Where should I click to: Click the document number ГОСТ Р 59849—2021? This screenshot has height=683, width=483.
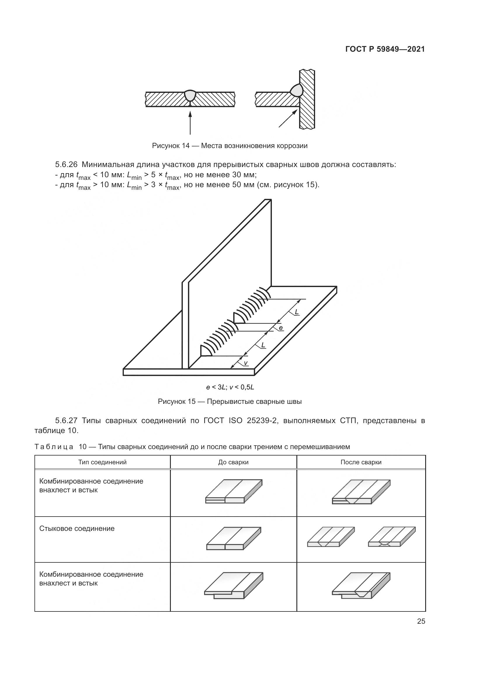pyautogui.click(x=385, y=49)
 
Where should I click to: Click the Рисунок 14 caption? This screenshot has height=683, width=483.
pyautogui.click(x=230, y=146)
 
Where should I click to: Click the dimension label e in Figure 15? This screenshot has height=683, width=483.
pyautogui.click(x=281, y=328)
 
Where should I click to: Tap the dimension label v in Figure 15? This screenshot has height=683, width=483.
pyautogui.click(x=245, y=363)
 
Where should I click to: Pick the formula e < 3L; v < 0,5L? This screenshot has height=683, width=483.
pyautogui.click(x=230, y=387)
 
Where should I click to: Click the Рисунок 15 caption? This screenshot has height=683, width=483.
pyautogui.click(x=230, y=402)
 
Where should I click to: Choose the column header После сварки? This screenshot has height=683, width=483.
pyautogui.click(x=361, y=462)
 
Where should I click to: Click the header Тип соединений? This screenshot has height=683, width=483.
pyautogui.click(x=102, y=462)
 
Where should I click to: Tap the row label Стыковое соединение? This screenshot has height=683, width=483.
pyautogui.click(x=77, y=529)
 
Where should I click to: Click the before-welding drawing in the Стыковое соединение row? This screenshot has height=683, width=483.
pyautogui.click(x=234, y=538)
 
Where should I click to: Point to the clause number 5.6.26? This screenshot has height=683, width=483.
pyautogui.click(x=66, y=164)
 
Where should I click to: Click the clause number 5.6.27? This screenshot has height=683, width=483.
pyautogui.click(x=66, y=420)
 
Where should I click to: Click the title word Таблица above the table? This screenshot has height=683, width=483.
pyautogui.click(x=54, y=447)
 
